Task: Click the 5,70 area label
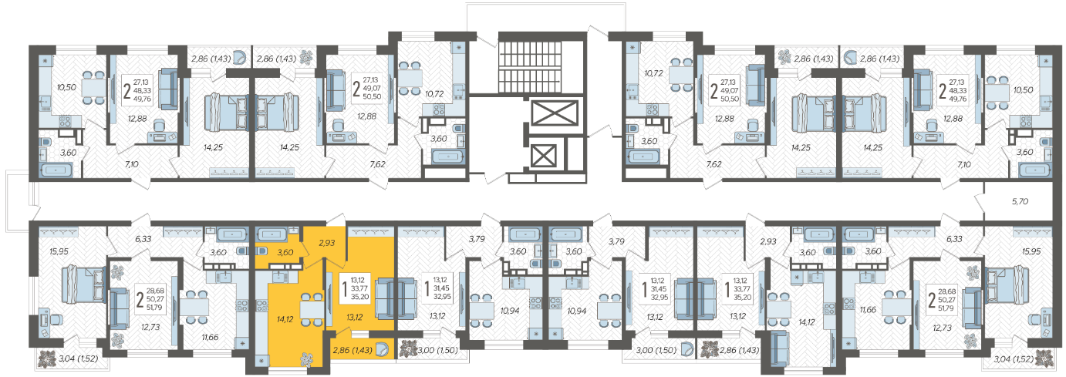pyautogui.click(x=1020, y=201)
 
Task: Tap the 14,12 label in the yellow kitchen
pyautogui.click(x=285, y=319)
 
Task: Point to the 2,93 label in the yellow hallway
pyautogui.click(x=326, y=243)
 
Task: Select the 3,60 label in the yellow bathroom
pyautogui.click(x=285, y=253)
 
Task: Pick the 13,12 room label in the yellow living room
pyautogui.click(x=355, y=318)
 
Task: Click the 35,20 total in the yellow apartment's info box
pyautogui.click(x=359, y=297)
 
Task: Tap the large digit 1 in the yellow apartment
pyautogui.click(x=345, y=288)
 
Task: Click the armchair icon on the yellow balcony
pyautogui.click(x=382, y=350)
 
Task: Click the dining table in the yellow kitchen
pyautogui.click(x=312, y=309)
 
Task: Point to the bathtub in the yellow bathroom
pyautogui.click(x=272, y=235)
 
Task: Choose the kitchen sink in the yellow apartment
pyautogui.click(x=278, y=276)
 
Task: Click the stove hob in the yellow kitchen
pyautogui.click(x=261, y=304)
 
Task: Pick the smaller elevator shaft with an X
pyautogui.click(x=543, y=156)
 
